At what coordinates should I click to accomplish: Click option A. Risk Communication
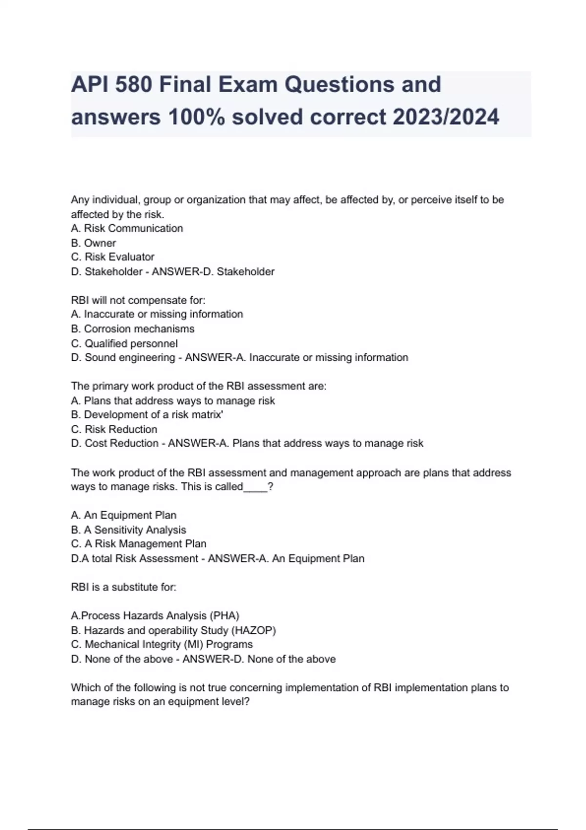pos(127,228)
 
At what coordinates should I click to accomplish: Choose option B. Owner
pos(93,243)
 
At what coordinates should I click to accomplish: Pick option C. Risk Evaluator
pos(112,257)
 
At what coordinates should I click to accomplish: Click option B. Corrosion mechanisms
pos(132,329)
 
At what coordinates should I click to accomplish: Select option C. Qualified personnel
pos(124,344)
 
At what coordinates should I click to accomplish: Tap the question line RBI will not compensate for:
pos(138,300)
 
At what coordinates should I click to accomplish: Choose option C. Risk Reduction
pos(114,430)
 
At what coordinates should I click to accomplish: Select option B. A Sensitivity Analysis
pos(128,530)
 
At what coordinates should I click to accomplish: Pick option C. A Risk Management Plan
pos(138,544)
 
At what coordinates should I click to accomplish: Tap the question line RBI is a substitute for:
pos(124,587)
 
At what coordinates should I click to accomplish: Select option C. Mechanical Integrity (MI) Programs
pos(162,644)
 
